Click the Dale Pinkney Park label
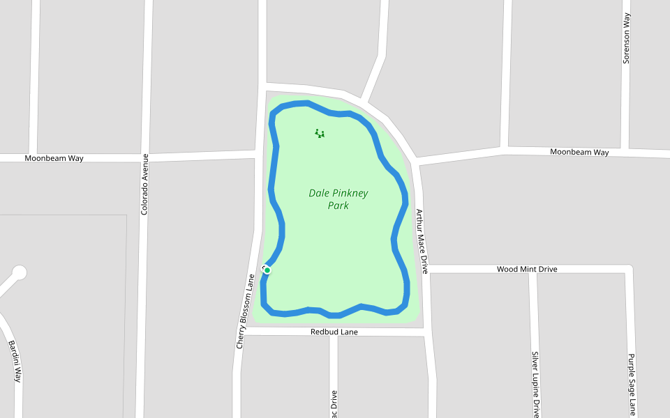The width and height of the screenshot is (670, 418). tap(338, 199)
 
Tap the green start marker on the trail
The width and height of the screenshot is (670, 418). tap(267, 270)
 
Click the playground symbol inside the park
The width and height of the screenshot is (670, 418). tap(320, 133)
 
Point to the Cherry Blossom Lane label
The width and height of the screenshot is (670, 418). tap(246, 311)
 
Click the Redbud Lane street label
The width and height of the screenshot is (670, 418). tap(334, 332)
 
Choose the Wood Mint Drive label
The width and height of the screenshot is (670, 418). tap(526, 269)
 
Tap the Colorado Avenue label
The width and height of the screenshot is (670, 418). tap(144, 184)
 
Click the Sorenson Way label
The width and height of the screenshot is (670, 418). tap(627, 39)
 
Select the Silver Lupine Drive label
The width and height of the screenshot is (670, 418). tap(535, 384)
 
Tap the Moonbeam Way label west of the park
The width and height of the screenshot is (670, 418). tap(54, 158)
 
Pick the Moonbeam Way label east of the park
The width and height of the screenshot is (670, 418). tap(579, 152)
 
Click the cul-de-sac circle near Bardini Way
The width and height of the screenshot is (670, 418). tap(19, 272)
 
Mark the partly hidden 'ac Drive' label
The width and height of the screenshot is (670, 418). tap(334, 403)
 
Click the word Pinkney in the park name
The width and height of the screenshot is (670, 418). tap(348, 193)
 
